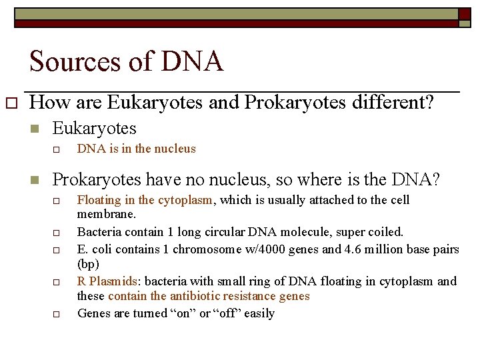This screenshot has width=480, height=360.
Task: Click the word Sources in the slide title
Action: pyautogui.click(x=70, y=62)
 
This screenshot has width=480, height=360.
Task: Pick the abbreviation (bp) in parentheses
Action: pyautogui.click(x=88, y=264)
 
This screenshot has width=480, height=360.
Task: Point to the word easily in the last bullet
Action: pyautogui.click(x=259, y=313)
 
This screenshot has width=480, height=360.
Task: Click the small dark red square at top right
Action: pyautogui.click(x=464, y=13)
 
